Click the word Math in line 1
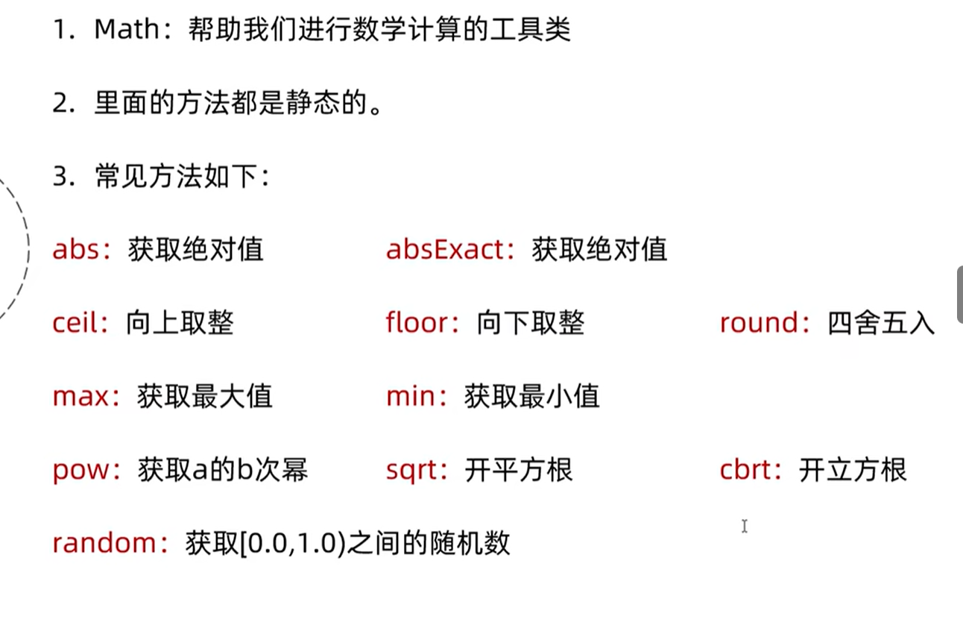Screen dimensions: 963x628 [x=128, y=29]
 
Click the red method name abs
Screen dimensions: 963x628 [x=76, y=249]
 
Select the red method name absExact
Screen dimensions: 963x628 [x=445, y=249]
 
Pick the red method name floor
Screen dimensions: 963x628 [x=418, y=323]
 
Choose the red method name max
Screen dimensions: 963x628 [x=80, y=396]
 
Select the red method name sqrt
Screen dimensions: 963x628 [x=411, y=470]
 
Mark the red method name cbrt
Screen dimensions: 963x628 [x=746, y=470]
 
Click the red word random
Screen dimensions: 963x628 [x=105, y=543]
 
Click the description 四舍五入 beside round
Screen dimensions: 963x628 [x=880, y=323]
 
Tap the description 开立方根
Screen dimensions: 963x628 [x=852, y=470]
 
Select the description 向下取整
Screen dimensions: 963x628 [x=531, y=323]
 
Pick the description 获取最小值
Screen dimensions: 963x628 [x=531, y=396]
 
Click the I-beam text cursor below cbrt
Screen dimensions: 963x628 [x=744, y=527]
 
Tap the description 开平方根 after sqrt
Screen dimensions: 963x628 [x=518, y=470]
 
